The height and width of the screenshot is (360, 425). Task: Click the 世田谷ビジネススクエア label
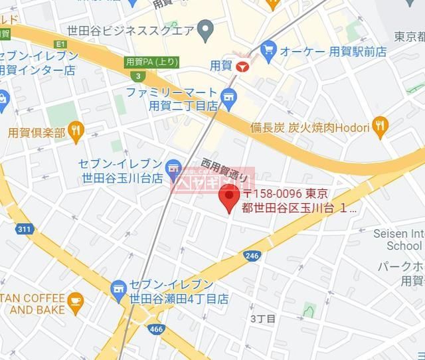click(130, 29)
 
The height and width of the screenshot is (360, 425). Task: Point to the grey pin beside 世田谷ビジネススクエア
click(206, 29)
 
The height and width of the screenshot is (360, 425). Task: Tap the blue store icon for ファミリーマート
click(229, 98)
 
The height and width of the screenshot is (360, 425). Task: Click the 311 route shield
click(25, 229)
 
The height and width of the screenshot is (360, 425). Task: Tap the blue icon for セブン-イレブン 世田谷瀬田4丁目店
click(119, 287)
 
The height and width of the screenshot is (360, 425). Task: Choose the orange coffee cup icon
click(75, 303)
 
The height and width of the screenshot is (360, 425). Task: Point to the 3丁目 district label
click(262, 319)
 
